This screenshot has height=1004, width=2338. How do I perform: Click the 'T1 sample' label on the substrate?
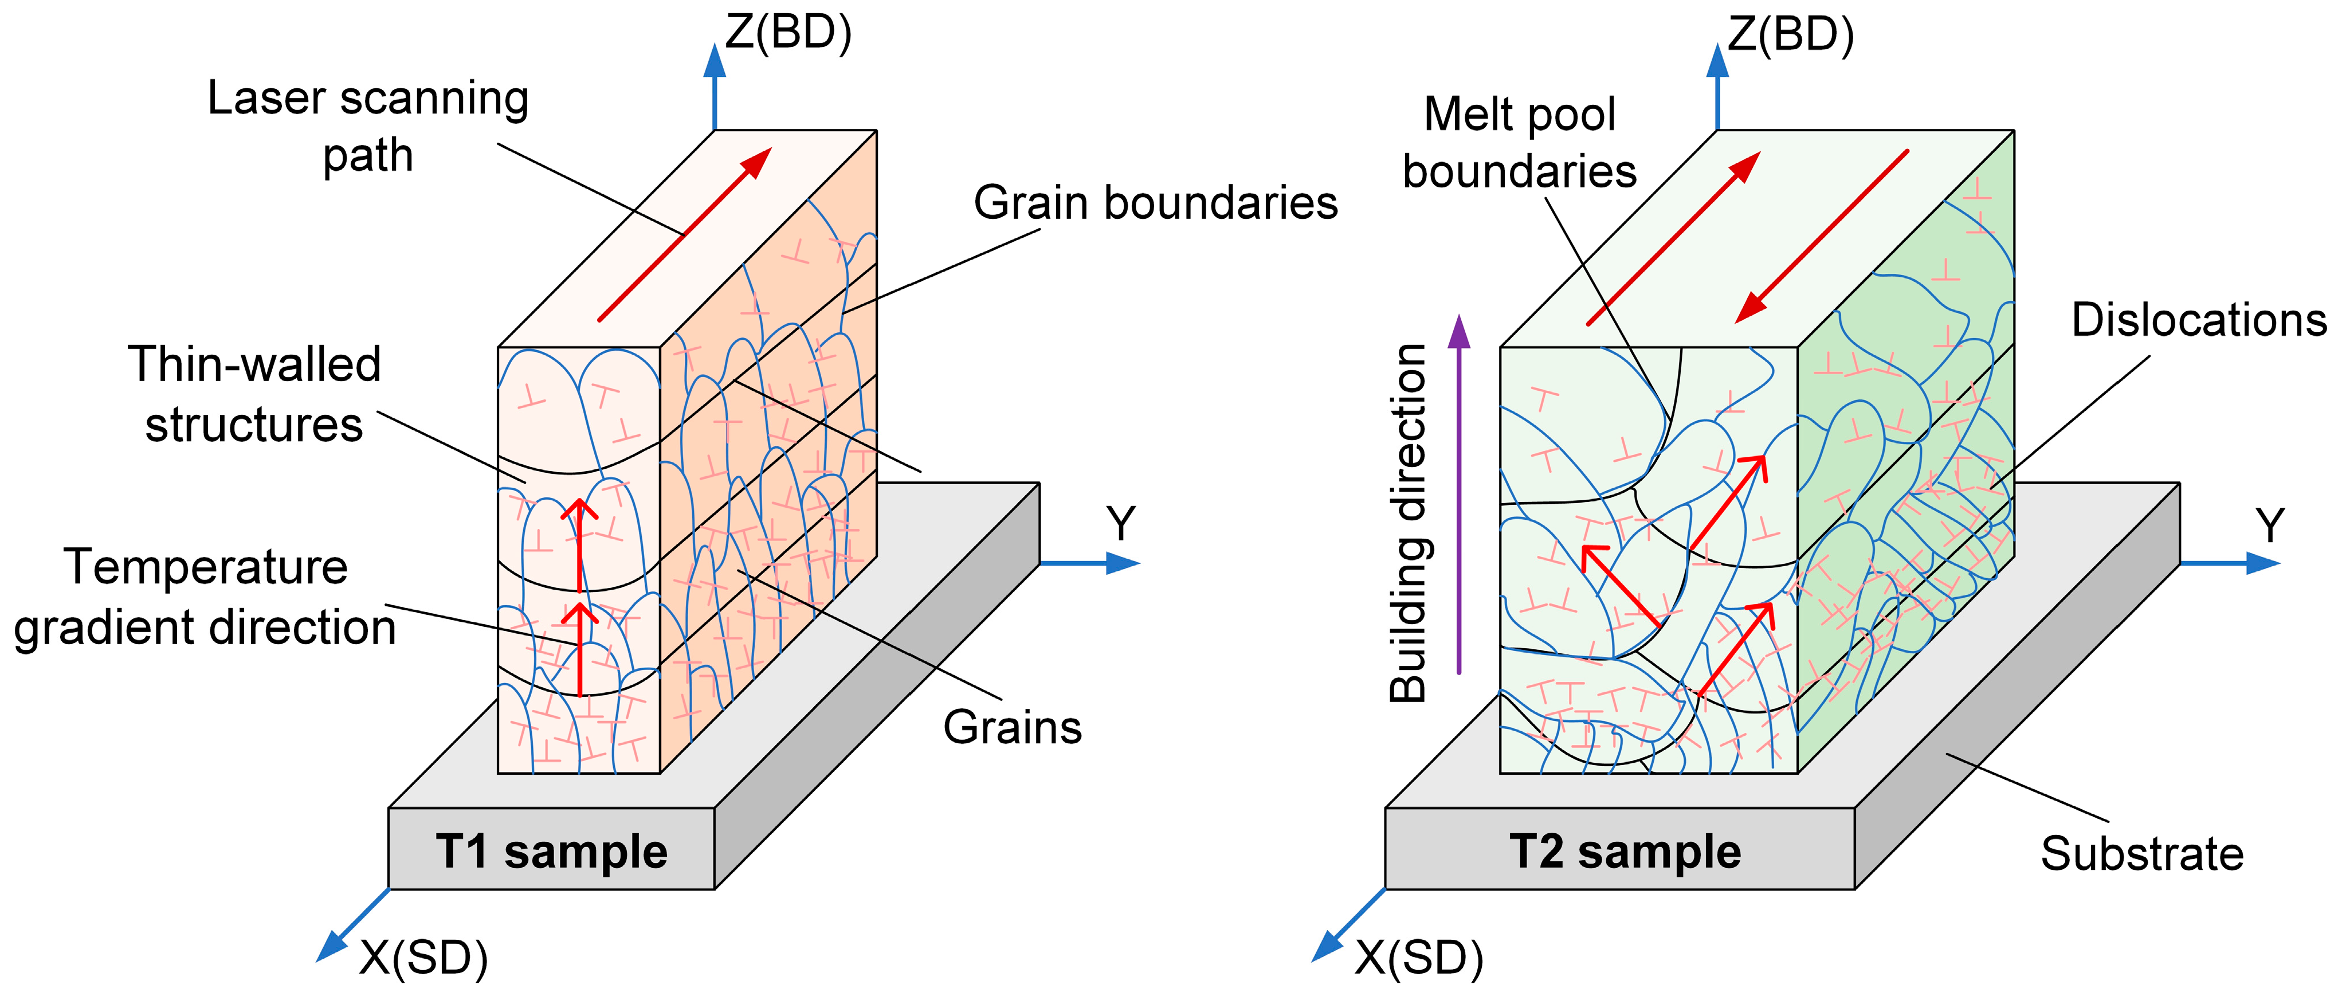coord(551,852)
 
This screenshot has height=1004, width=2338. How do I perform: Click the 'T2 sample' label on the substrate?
coord(1625,852)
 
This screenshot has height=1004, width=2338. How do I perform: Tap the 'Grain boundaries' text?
coord(1155,202)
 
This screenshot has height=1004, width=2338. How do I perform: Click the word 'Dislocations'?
coord(2198,320)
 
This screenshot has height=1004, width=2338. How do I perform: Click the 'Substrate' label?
coord(2142,853)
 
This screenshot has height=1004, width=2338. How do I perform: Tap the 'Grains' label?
coord(1012,727)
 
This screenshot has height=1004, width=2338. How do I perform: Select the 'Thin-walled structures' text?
coord(254,394)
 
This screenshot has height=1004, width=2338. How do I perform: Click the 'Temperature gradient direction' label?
coord(205,597)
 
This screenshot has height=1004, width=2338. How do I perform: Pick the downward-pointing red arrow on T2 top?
coord(1820,238)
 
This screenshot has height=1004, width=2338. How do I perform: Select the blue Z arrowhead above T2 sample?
coord(1717,62)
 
